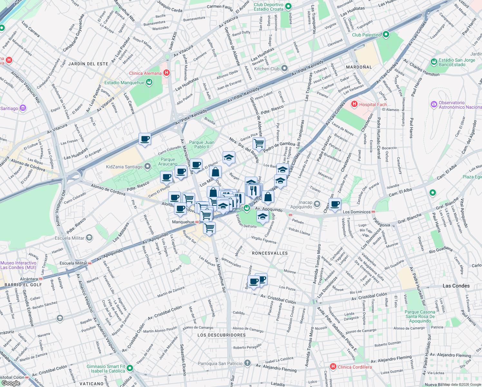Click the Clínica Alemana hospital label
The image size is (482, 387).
[145, 73]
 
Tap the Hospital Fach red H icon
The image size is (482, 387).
[354, 104]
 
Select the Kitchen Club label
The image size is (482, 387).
[267, 69]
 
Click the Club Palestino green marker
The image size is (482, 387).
[386, 35]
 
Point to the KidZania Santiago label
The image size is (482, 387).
[124, 167]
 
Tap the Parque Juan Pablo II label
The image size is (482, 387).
[202, 144]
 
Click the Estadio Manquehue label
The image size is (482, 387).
[124, 83]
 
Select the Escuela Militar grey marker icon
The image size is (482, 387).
[89, 238]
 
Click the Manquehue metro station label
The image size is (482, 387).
[183, 222]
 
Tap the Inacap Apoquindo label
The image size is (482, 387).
[305, 204]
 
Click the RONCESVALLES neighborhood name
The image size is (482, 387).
[270, 253]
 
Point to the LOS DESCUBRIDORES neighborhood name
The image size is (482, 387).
[222, 335]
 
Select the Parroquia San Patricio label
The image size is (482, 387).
[220, 363]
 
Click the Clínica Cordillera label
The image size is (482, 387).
[355, 367]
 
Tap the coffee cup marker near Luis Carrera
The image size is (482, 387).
[145, 139]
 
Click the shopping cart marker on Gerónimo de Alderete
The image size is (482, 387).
[259, 143]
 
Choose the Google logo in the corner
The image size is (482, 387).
[11, 383]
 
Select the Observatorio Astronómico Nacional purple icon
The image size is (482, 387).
[434, 104]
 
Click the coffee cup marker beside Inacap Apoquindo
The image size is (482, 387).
[335, 204]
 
